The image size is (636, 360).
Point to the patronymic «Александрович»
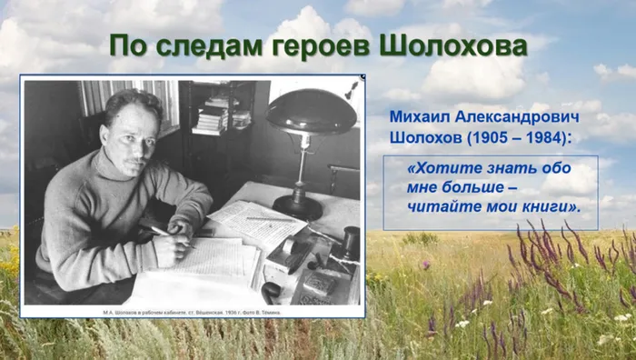click(521, 119)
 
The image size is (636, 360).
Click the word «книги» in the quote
click(547, 209)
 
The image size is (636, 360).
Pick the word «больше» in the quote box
click(471, 189)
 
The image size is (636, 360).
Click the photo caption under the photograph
click(192, 309)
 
